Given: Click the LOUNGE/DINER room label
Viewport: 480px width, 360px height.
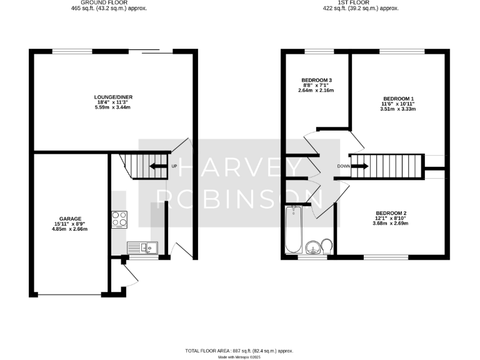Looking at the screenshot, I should (113, 97).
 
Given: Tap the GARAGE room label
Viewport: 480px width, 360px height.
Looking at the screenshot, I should (71, 219).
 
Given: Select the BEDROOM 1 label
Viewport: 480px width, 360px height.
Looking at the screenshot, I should (398, 98).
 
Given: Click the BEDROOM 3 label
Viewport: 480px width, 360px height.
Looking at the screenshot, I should (316, 80).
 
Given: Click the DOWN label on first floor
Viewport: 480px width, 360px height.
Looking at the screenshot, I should (343, 166).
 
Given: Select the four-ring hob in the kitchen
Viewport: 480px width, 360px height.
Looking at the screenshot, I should (119, 219).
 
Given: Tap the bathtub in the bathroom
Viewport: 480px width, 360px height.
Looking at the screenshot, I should (292, 230).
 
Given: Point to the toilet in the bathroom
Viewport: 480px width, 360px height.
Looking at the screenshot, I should (326, 246).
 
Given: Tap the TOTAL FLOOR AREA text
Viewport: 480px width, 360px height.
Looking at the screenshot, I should (239, 351).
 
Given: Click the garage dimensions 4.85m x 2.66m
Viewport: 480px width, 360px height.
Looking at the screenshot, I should (70, 229).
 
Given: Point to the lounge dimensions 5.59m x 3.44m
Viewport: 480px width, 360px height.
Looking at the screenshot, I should (113, 107).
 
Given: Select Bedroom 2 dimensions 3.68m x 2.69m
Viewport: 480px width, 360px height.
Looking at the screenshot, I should (389, 223).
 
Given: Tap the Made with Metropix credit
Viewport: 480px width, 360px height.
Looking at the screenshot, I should (239, 357).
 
